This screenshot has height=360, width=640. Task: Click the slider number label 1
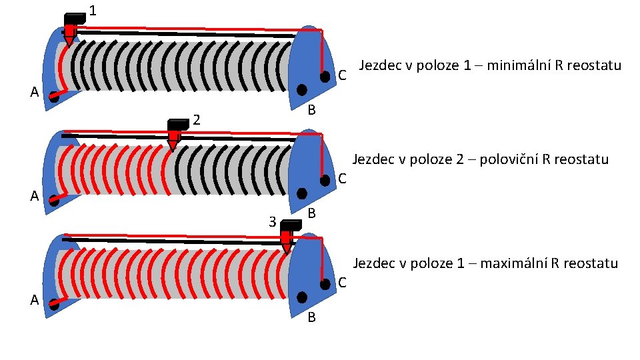coord(92,11)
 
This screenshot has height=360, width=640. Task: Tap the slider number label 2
coord(197,120)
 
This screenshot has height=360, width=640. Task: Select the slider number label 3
coord(271,221)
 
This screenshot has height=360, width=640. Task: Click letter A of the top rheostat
coord(34,93)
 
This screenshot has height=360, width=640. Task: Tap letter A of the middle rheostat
coord(34,197)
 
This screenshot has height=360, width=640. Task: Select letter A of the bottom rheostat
coord(34,300)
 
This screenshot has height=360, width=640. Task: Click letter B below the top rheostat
coord(311,110)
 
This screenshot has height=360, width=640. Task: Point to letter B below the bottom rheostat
coord(311,318)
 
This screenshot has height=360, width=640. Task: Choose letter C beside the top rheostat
coord(341,76)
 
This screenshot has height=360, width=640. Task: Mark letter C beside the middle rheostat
coord(341,179)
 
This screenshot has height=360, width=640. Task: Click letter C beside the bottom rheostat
coord(341,283)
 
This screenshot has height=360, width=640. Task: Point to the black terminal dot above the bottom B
coord(302,297)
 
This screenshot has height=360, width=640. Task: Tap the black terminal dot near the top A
coord(53,97)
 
